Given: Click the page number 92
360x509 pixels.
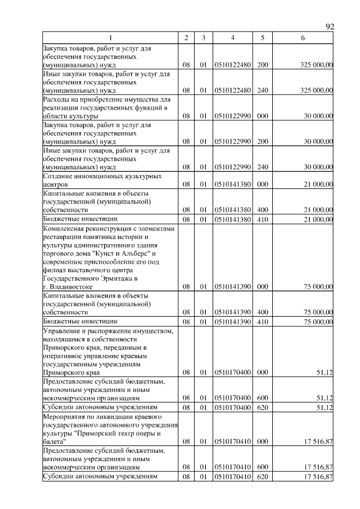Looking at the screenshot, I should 330,26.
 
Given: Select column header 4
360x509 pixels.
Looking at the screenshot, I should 233,38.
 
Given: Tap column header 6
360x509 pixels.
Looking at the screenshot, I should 303,38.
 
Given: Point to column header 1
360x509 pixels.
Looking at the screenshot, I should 110,38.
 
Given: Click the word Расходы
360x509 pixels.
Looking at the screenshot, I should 57,99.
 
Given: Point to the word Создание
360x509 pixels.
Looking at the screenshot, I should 58,175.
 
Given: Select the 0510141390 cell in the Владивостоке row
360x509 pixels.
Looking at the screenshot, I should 233,286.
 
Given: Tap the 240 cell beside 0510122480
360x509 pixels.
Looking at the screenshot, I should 262,90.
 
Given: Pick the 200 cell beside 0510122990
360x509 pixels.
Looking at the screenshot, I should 262,142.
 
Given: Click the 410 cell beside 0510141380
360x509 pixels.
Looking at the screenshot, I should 262,219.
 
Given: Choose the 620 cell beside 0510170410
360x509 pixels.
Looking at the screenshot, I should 262,478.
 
